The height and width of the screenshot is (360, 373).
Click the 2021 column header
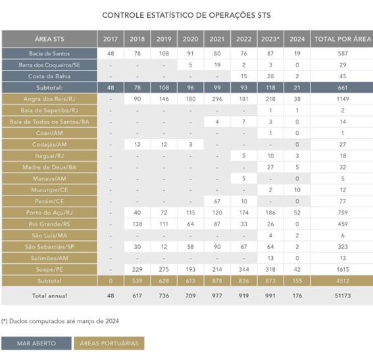[217, 39]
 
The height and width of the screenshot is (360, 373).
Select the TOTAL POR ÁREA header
[343, 39]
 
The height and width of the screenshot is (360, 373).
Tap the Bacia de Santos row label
[49, 53]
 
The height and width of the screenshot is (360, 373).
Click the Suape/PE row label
[49, 270]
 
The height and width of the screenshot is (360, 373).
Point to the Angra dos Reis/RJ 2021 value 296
[217, 99]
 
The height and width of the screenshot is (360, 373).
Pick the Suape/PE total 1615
[343, 270]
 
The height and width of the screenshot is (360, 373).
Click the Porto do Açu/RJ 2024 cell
[297, 213]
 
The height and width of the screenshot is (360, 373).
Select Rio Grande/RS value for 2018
[137, 224]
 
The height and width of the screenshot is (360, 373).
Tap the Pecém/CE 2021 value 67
[217, 201]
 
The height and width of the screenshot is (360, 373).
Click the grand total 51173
[343, 296]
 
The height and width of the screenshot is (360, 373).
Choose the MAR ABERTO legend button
[36, 344]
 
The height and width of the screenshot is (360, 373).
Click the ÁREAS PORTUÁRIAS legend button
[109, 344]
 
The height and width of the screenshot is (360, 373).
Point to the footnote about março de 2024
[60, 321]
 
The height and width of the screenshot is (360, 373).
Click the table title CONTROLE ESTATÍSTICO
[187, 15]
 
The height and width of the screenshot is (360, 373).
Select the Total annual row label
[49, 296]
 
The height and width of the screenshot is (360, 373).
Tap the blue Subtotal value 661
[343, 88]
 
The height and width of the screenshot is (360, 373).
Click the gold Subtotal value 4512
[343, 281]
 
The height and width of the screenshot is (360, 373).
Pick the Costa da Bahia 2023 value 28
[270, 76]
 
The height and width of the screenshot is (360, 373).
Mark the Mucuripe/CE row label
[49, 190]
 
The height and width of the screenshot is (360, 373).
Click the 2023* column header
[270, 39]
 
